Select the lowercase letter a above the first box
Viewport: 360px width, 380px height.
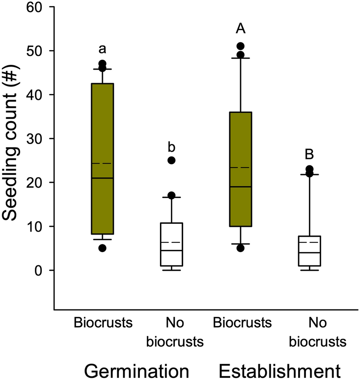pyautogui.click(x=102, y=48)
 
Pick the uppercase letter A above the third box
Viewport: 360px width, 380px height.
pyautogui.click(x=240, y=29)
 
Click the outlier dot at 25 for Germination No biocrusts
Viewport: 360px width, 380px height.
pyautogui.click(x=171, y=160)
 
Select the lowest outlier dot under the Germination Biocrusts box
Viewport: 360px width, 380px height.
pyautogui.click(x=102, y=248)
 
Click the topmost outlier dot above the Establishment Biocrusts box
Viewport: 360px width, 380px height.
pyautogui.click(x=240, y=46)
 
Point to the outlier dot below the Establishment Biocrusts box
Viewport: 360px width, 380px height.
pyautogui.click(x=240, y=248)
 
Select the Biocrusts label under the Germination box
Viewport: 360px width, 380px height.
pyautogui.click(x=102, y=323)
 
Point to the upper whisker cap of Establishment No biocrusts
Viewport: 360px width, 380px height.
pyautogui.click(x=309, y=175)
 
